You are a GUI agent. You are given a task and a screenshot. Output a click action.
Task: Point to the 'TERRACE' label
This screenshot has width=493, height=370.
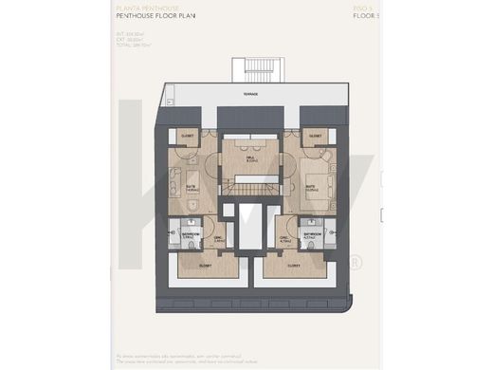point(248,95)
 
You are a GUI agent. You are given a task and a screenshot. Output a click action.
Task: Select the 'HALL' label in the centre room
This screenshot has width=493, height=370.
point(249,158)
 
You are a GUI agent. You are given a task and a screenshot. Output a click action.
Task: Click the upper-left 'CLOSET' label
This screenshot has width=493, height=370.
point(186,136)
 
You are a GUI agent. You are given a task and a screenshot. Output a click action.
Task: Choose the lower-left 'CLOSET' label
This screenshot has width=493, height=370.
point(205,267)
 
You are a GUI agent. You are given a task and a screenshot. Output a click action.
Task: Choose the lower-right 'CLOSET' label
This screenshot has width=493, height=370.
point(295,267)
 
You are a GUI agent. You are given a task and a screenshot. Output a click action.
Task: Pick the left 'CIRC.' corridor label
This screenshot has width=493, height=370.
point(219,239)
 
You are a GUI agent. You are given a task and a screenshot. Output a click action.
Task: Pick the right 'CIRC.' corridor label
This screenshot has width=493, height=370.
point(284,239)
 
